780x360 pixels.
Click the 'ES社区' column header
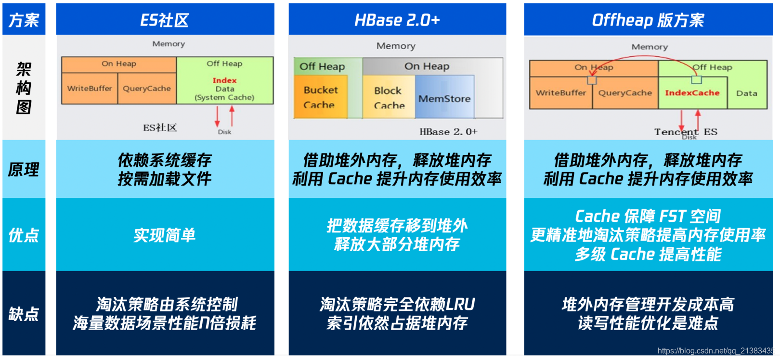pos(165,20)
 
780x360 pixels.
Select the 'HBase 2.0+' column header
pos(397,20)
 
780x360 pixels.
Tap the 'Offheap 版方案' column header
pos(648,20)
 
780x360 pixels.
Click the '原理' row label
pos(24,169)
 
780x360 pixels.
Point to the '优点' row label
pos(24,235)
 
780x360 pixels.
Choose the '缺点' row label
pos(24,314)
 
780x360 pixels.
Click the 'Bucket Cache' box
pos(320,97)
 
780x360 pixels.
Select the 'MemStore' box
pos(444,99)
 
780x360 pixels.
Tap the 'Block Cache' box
pos(389,98)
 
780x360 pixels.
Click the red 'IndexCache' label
pos(692,93)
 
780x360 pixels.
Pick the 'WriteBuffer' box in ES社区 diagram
pos(90,89)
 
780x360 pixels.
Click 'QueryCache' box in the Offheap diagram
pos(625,93)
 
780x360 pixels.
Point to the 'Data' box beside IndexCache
pos(746,93)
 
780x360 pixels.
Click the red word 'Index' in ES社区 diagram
pos(224,80)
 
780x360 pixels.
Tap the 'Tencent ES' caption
pos(686,131)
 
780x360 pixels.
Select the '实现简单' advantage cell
pos(165,235)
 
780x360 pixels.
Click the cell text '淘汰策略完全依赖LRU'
pos(397,304)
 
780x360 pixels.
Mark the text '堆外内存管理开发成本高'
pos(648,304)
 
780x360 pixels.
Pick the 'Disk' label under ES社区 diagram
pos(224,132)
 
